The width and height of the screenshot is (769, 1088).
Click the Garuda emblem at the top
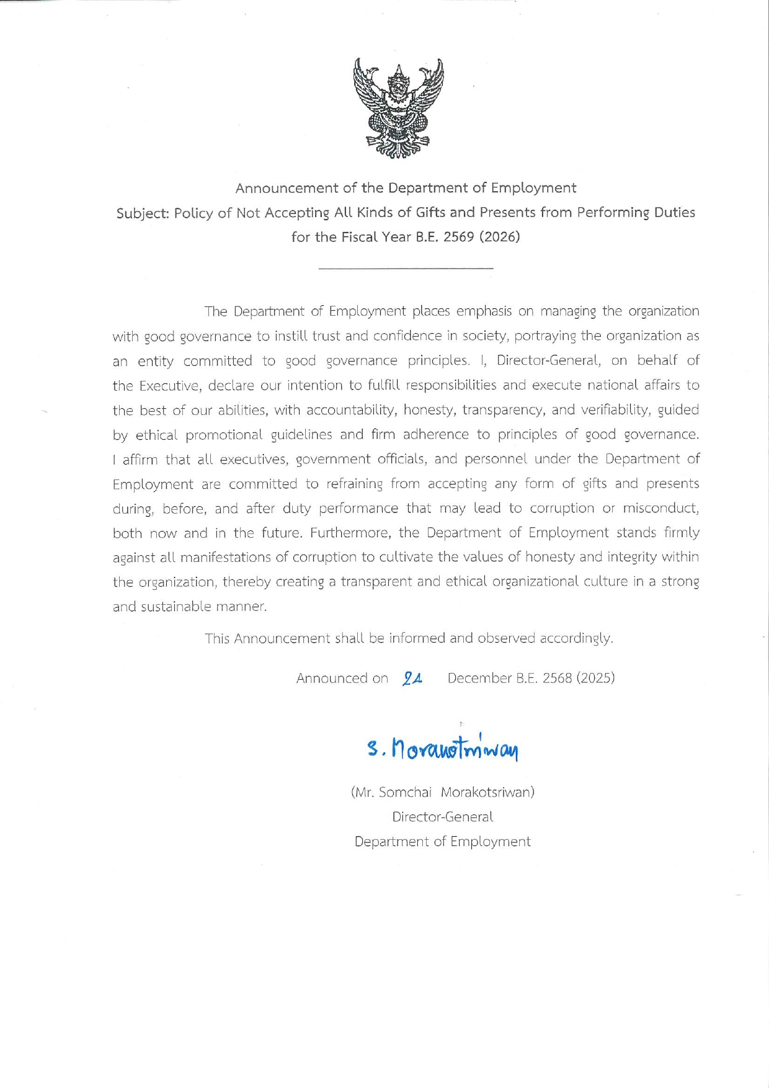tap(398, 109)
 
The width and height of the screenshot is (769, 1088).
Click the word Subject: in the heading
tap(143, 213)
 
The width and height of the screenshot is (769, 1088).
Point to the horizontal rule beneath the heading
tap(406, 268)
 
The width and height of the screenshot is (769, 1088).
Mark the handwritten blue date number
tap(412, 679)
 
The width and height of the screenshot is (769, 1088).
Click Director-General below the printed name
tap(442, 817)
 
